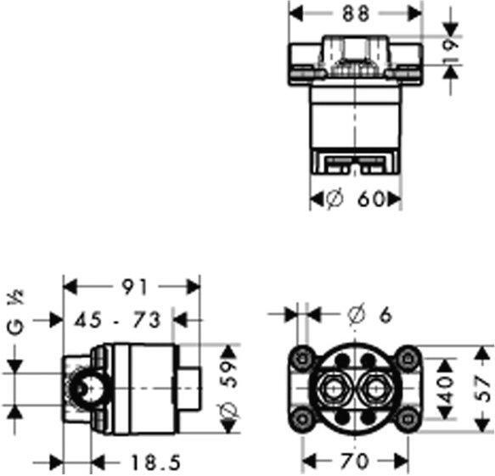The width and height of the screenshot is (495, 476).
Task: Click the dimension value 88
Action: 356,13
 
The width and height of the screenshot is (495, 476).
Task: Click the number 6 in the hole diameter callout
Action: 384,314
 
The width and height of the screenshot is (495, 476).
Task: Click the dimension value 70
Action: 356,462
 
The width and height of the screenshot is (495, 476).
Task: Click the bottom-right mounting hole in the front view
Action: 410,416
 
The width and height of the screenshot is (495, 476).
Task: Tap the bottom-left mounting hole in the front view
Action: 299,416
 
